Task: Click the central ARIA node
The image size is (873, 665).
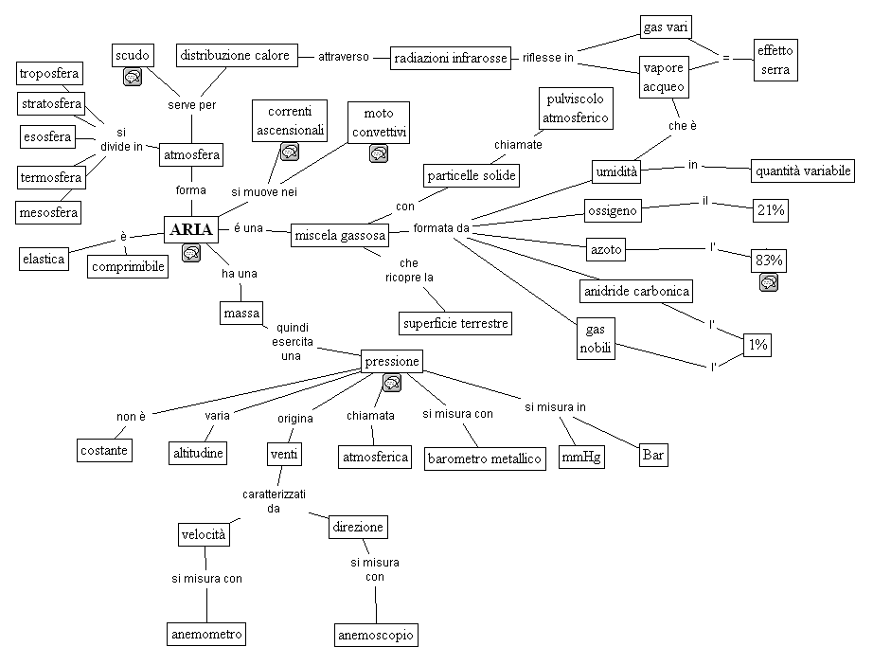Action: [x=189, y=230]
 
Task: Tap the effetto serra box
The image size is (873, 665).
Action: [x=775, y=60]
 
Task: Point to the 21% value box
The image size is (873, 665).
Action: [x=771, y=211]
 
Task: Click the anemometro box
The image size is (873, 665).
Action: [x=206, y=634]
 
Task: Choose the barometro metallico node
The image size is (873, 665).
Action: [x=485, y=458]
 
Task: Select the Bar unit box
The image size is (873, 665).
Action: [x=653, y=455]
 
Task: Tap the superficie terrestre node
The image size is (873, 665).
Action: [x=455, y=324]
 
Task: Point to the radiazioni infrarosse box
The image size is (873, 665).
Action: [x=451, y=59]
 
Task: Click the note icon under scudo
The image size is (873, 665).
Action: [x=134, y=77]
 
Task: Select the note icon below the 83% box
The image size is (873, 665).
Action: [x=769, y=282]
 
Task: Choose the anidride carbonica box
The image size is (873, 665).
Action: [x=636, y=290]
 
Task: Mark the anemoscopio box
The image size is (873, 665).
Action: [x=376, y=635]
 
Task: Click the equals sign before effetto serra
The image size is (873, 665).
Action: [x=725, y=58]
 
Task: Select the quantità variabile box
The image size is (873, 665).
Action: [x=802, y=171]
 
